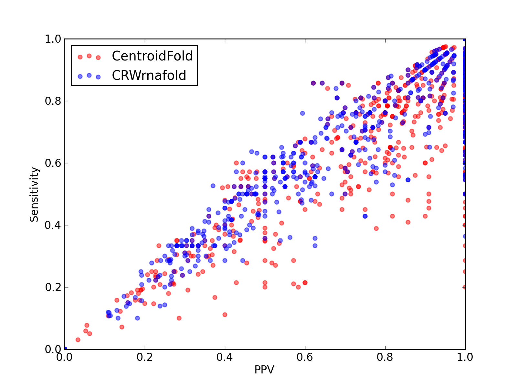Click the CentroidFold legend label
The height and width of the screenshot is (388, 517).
pyautogui.click(x=152, y=56)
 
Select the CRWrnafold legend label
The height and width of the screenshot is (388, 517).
pyautogui.click(x=149, y=75)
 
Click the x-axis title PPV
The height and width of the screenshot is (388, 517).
pyautogui.click(x=264, y=370)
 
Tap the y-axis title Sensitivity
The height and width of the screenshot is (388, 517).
pyautogui.click(x=34, y=194)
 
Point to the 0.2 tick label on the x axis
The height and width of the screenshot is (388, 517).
pyautogui.click(x=145, y=357)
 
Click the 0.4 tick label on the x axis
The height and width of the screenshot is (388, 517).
pyautogui.click(x=225, y=357)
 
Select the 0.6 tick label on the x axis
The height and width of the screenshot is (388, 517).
pyautogui.click(x=305, y=357)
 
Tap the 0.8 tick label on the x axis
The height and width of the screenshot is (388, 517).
pyautogui.click(x=385, y=357)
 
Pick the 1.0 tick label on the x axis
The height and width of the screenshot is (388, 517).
pyautogui.click(x=465, y=357)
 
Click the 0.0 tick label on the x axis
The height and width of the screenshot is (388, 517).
pyautogui.click(x=64, y=357)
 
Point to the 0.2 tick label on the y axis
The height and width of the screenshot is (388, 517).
pyautogui.click(x=53, y=287)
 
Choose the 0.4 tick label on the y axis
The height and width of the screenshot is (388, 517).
pyautogui.click(x=53, y=225)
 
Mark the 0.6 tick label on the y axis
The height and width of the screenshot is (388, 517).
pyautogui.click(x=53, y=163)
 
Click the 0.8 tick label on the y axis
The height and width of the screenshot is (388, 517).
pyautogui.click(x=53, y=101)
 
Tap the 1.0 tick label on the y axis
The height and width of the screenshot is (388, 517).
pyautogui.click(x=53, y=39)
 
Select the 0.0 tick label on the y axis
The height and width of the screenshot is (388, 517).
pyautogui.click(x=53, y=349)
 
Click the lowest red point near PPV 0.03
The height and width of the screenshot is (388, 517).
pyautogui.click(x=78, y=340)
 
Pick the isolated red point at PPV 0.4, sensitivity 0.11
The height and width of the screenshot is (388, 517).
pyautogui.click(x=225, y=315)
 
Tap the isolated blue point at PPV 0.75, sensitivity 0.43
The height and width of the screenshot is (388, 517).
pyautogui.click(x=365, y=216)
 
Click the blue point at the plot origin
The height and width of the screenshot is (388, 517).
pyautogui.click(x=65, y=349)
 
